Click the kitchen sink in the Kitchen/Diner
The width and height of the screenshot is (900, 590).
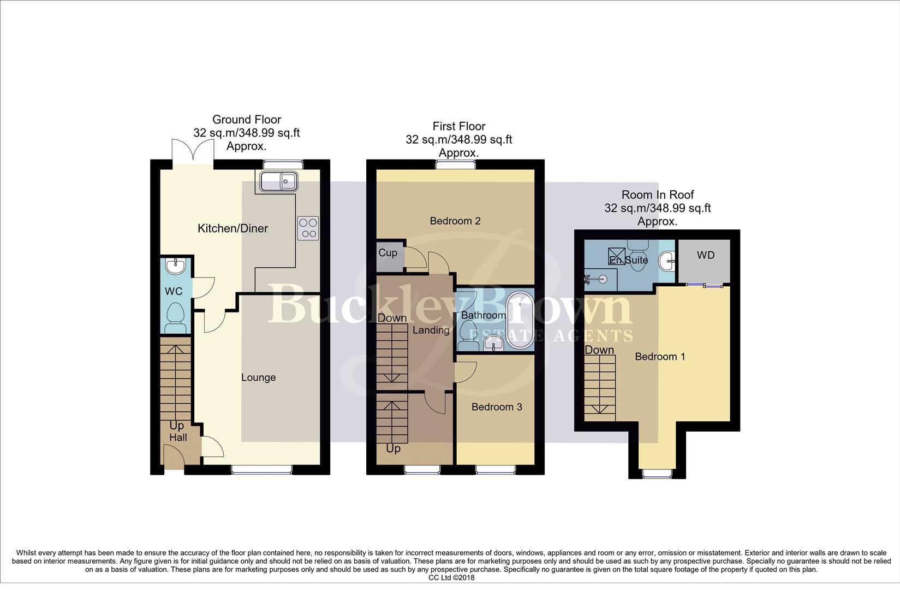pos(278,181)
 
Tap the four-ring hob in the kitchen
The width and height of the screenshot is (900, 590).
pos(308,228)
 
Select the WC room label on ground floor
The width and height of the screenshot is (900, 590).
pos(174,292)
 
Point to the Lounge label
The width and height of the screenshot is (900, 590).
pos(258,377)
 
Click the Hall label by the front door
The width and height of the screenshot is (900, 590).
pos(178,438)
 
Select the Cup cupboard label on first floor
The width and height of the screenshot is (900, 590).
pos(388,253)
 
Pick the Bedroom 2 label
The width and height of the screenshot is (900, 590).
pos(455,221)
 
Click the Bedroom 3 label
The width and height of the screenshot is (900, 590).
pos(497,407)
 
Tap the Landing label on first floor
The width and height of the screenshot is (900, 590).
pos(431,330)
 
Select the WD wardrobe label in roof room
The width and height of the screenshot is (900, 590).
pos(705,255)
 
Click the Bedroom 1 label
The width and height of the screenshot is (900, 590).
pos(660,357)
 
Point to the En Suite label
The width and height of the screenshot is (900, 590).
pos(629,260)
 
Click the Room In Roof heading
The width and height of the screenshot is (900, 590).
pos(658,195)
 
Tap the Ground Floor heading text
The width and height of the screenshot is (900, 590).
pos(247,120)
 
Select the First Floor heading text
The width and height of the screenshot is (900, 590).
pos(458,126)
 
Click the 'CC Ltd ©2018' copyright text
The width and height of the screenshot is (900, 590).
pos(451,577)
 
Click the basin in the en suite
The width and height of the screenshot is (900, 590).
pos(667,262)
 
